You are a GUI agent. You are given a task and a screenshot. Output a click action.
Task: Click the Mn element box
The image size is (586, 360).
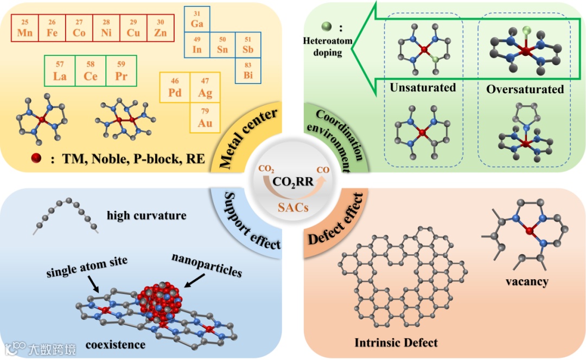(25, 28)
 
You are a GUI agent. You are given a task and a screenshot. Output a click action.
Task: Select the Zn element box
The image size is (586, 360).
(160, 28)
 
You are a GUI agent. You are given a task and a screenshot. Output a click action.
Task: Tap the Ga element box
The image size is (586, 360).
(197, 20)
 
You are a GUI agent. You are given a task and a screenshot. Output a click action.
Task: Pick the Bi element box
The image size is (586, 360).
(248, 70)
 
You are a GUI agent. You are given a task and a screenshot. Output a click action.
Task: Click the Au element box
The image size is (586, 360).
(205, 118)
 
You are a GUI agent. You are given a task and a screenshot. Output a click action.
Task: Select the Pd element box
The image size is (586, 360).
(175, 88)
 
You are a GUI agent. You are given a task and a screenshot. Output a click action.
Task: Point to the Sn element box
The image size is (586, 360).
(222, 45)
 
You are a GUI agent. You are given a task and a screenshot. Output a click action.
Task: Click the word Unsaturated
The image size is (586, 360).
(423, 88)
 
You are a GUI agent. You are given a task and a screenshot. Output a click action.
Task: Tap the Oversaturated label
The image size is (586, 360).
(525, 89)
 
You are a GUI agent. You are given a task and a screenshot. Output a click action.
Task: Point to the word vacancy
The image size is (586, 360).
(527, 281)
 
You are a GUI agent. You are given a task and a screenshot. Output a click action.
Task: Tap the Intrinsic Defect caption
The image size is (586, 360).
(396, 343)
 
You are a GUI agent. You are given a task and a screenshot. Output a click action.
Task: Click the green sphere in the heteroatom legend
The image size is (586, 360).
(325, 26)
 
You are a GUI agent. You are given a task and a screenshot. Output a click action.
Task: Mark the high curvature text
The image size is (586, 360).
(147, 215)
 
